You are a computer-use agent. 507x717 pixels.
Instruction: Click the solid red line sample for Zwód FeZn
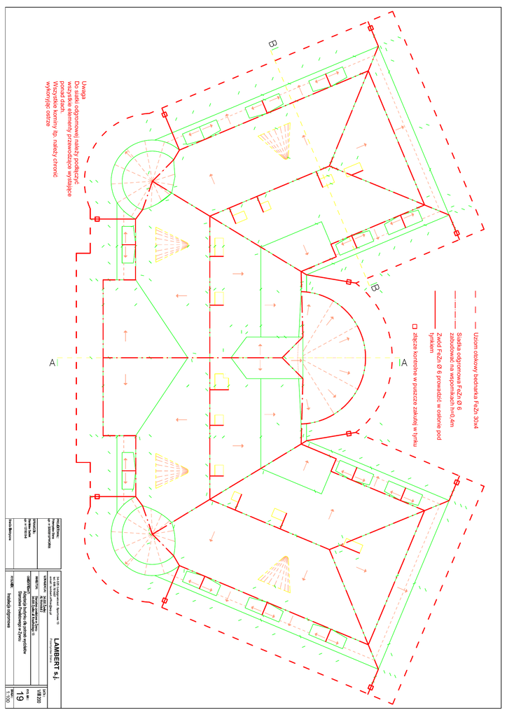tap(435, 308)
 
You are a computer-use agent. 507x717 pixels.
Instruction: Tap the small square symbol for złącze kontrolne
tap(415, 325)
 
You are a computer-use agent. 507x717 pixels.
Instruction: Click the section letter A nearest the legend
tap(403, 363)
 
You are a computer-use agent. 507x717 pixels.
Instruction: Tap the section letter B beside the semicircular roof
tap(375, 287)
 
